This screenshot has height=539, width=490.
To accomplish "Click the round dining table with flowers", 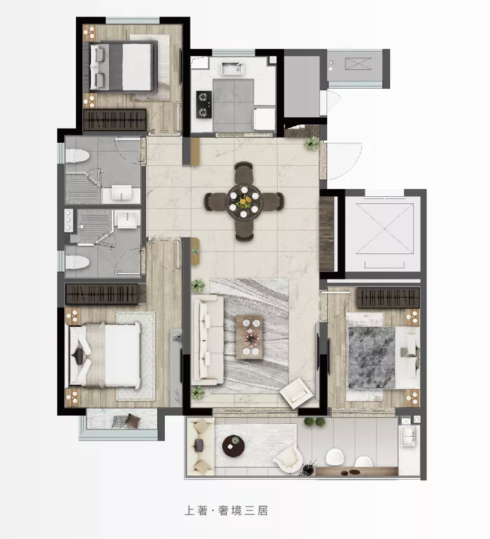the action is (x=243, y=201).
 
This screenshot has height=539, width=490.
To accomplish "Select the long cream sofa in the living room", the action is (x=208, y=340).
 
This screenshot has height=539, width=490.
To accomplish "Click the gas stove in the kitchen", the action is (x=203, y=104).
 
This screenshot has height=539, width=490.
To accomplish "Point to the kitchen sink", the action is (x=232, y=69).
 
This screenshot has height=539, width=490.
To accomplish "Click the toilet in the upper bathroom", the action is (x=77, y=156).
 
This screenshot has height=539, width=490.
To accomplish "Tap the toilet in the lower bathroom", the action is (x=77, y=262).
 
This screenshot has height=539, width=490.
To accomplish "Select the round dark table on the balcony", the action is (x=233, y=446).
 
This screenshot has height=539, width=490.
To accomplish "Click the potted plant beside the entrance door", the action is (x=312, y=143).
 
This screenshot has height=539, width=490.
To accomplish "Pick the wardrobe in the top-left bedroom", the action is (x=115, y=120).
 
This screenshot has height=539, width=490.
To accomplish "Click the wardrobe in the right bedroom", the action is (x=388, y=298).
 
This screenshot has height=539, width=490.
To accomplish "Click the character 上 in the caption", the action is (x=191, y=511).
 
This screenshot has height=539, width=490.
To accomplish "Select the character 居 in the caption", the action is (x=263, y=511).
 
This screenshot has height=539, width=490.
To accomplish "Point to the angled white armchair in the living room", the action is (x=297, y=393).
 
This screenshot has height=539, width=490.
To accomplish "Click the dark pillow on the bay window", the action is (x=133, y=420).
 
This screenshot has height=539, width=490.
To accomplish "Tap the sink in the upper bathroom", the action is (x=122, y=192).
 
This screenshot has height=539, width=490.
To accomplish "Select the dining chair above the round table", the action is (x=243, y=170).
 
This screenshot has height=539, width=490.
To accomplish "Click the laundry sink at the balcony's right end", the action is (x=408, y=436).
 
